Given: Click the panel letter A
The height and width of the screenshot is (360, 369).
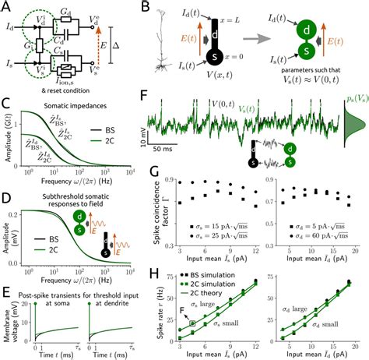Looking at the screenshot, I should [6, 7].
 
